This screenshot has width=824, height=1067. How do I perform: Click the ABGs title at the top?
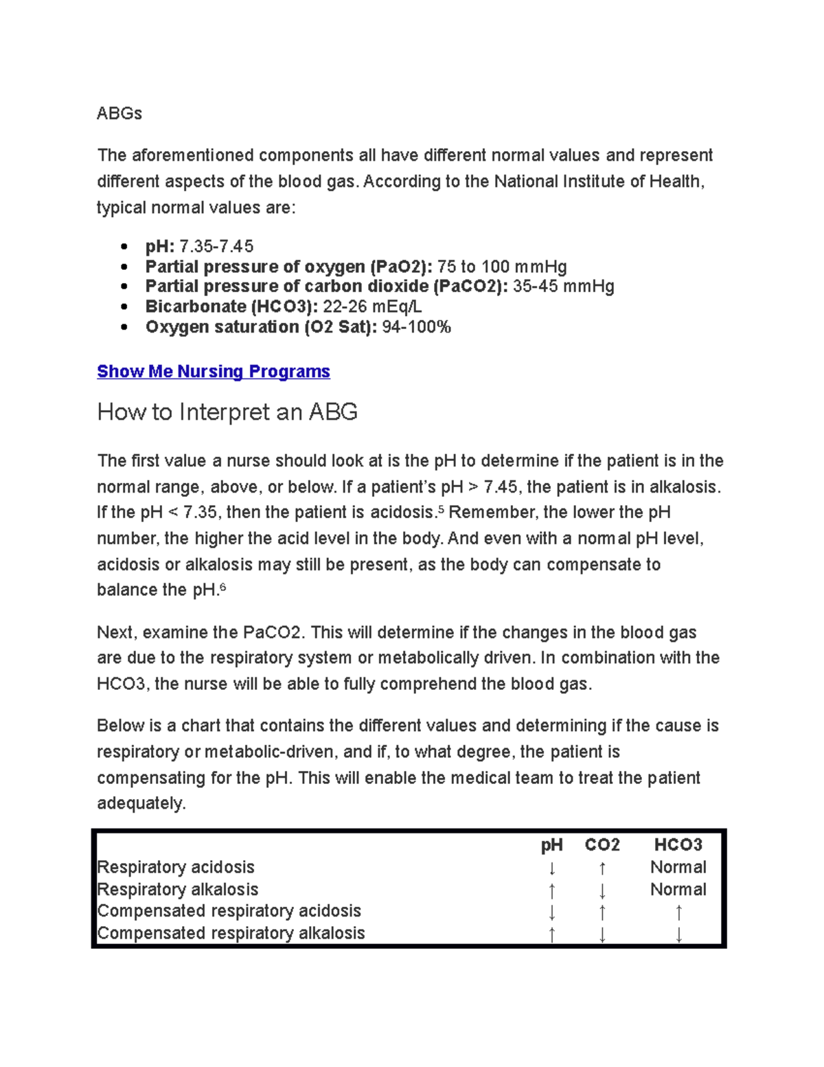[119, 113]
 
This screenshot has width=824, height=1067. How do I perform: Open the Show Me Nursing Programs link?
[213, 372]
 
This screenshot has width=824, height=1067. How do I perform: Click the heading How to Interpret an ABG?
[227, 412]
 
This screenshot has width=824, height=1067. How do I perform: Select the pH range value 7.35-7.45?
[216, 246]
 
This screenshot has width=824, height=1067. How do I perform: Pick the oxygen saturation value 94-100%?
[416, 327]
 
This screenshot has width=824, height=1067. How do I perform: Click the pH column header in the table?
[551, 845]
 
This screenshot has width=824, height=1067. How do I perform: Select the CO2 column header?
[602, 845]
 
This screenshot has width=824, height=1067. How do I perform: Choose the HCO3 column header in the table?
[678, 845]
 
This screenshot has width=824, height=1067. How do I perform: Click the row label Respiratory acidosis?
[176, 867]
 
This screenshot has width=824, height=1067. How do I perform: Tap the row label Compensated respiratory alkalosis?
[231, 933]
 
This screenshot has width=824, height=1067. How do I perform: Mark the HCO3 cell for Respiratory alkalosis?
[678, 890]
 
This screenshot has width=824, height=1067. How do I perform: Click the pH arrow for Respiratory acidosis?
[552, 868]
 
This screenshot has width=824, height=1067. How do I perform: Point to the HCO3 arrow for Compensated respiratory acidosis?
[678, 912]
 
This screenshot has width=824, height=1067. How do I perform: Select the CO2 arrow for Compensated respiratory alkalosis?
[602, 934]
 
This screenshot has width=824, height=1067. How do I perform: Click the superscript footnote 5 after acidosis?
[441, 509]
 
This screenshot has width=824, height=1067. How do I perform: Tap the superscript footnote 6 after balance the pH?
[222, 587]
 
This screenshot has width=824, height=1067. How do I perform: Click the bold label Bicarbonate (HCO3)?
[231, 306]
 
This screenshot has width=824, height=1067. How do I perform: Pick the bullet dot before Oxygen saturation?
[124, 327]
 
